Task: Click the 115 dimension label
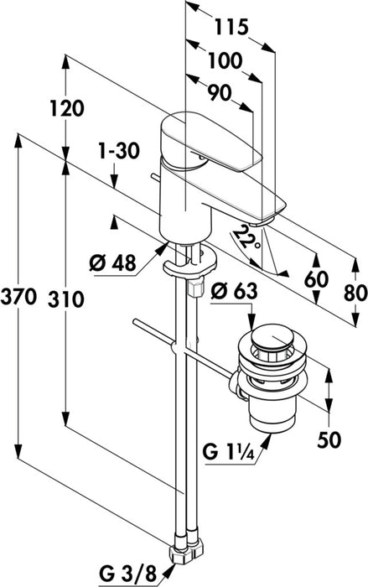pos(231,27)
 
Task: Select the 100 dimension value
pos(225,60)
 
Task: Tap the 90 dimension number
pos(220,93)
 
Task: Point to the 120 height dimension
pos(67,108)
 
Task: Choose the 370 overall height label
pos(18,298)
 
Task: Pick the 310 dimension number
pos(66,300)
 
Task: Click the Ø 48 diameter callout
pos(112,263)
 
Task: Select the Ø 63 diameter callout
pos(234,291)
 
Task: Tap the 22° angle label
pos(246,240)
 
